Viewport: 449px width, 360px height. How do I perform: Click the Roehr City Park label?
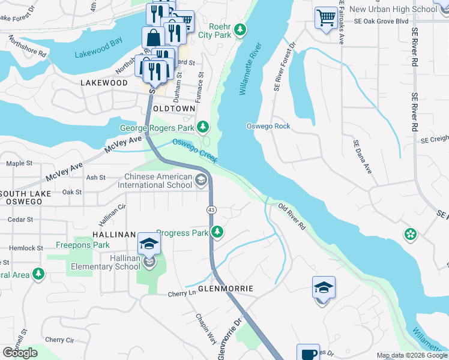(x=211, y=31)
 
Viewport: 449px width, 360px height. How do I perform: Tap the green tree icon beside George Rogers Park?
(x=203, y=127)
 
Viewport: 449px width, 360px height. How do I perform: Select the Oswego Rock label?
(x=268, y=126)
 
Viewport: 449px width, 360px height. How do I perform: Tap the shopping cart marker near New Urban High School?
(x=326, y=17)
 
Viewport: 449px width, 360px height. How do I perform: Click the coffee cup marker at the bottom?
(x=308, y=353)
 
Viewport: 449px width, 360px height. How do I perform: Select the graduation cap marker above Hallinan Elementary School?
(x=148, y=244)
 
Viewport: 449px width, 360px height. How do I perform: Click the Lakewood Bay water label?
(x=98, y=55)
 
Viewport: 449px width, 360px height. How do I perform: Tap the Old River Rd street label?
(x=292, y=217)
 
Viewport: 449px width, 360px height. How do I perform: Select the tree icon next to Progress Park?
(x=217, y=232)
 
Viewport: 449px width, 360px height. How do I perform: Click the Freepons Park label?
(x=82, y=245)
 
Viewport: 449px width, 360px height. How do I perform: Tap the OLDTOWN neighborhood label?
(x=173, y=109)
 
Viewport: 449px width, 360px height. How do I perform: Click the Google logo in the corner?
(x=20, y=353)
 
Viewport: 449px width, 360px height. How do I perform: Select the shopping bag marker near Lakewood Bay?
(x=153, y=37)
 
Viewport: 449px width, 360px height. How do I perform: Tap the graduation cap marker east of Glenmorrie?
(x=323, y=288)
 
